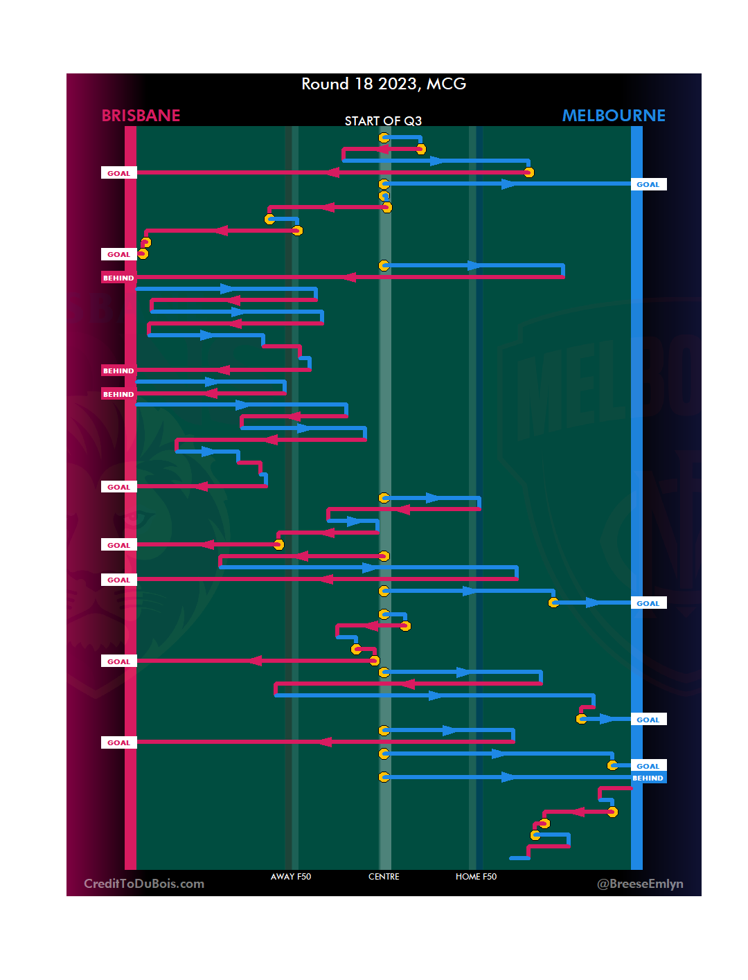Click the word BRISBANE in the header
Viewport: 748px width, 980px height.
tap(141, 116)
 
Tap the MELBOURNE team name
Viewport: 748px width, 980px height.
tap(614, 116)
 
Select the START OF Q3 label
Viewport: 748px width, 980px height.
tap(383, 121)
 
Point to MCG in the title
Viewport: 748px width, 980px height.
tap(446, 84)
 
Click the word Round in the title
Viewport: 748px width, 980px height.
tap(325, 84)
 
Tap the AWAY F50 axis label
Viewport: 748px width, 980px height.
tap(291, 877)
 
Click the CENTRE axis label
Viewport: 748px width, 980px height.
tap(384, 877)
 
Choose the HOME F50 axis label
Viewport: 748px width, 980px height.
tap(476, 877)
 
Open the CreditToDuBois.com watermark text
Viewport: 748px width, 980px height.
tap(144, 884)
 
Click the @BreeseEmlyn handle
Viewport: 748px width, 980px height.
tap(640, 884)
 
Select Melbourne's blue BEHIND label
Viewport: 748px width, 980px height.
tap(648, 778)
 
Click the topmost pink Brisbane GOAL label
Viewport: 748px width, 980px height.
tap(118, 173)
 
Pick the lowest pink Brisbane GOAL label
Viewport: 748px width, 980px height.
tap(118, 742)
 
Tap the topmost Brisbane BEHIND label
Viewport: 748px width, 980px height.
tap(118, 278)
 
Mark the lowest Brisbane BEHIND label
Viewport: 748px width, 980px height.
tap(118, 394)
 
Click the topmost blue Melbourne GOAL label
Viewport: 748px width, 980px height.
tap(648, 184)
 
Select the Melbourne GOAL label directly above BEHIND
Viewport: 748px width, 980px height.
tap(648, 766)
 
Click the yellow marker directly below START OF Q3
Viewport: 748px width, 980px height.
tap(384, 138)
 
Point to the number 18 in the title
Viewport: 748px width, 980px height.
tap(364, 84)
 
